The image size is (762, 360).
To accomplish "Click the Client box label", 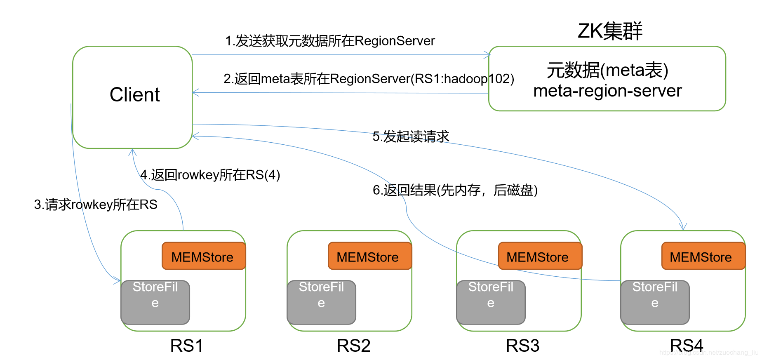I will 134,95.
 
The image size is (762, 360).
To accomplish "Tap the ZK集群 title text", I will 610,31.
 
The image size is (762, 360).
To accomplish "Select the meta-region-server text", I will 607,91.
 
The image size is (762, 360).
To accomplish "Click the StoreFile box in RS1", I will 155,302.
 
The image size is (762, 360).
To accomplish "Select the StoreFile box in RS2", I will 321,302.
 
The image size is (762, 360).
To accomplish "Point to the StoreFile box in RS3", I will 491,302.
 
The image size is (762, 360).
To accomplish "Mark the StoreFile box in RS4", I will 655,302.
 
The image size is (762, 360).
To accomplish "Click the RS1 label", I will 187,346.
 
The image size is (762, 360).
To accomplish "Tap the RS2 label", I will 353,346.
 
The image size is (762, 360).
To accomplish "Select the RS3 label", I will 522,346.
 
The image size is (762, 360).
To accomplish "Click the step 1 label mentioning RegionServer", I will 330,41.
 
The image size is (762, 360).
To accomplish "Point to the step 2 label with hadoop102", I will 369,79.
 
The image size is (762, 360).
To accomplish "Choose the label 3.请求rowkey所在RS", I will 96,205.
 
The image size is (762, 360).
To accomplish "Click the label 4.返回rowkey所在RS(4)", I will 210,175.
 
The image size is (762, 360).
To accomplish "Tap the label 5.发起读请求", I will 411,136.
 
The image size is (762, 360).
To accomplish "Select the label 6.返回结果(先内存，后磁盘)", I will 455,190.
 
